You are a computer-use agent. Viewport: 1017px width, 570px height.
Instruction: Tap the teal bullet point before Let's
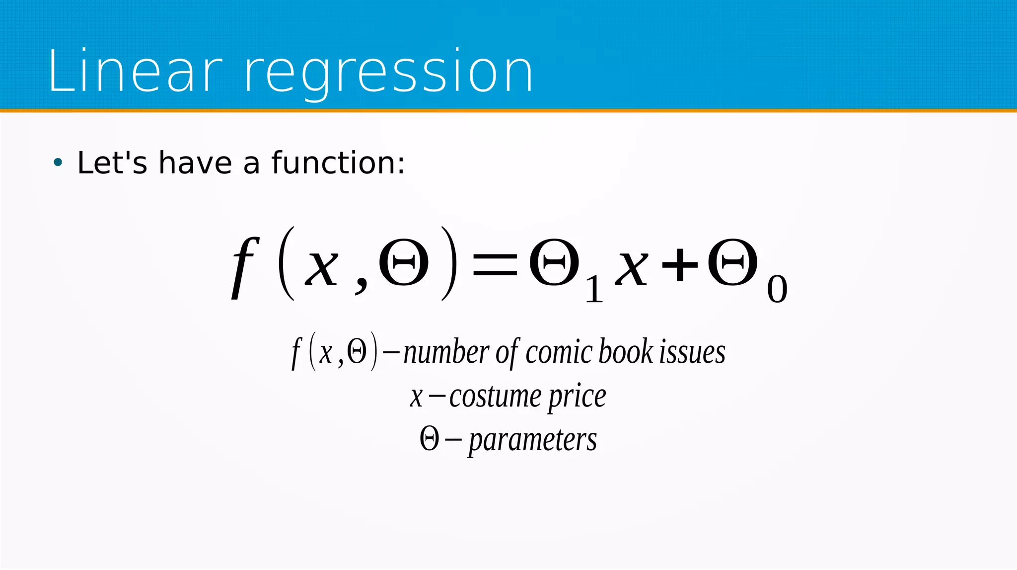coord(58,162)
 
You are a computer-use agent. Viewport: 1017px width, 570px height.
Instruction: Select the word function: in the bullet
coord(338,163)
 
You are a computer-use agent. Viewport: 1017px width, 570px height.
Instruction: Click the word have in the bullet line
coord(195,163)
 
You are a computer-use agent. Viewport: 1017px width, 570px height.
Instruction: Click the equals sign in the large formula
coord(494,265)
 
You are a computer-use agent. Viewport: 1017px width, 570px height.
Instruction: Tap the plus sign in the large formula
coord(680,265)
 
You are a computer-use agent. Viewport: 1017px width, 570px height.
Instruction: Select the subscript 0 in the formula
coord(777,290)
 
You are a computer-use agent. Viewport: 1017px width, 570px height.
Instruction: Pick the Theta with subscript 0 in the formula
coord(732,263)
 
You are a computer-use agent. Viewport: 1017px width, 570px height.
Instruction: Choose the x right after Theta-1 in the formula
coord(631,268)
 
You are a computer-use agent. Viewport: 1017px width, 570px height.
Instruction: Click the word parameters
coord(532,440)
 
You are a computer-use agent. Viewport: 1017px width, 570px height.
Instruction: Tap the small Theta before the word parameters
coord(429,439)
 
